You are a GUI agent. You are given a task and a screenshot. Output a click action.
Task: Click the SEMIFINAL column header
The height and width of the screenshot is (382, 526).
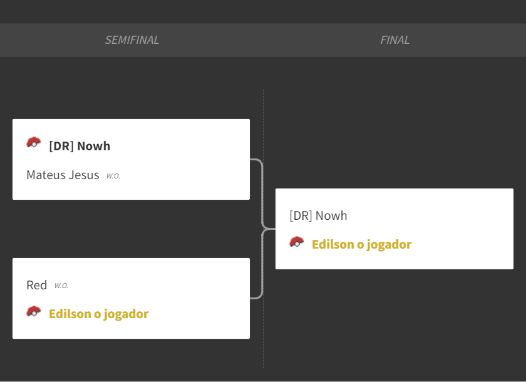coord(132,40)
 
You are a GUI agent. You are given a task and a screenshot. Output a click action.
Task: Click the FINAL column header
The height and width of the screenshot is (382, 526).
coord(395,40)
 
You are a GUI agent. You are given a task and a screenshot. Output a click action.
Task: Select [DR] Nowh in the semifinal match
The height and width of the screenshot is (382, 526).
coord(80,147)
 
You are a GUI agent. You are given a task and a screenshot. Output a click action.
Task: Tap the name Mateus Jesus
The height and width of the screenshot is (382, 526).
coord(63,175)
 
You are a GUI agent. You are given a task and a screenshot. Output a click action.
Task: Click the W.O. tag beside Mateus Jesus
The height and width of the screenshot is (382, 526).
coord(113,176)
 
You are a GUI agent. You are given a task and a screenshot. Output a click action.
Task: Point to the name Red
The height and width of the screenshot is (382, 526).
coord(36,285)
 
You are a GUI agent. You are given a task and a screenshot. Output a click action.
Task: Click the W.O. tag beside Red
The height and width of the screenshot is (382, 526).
coord(61,286)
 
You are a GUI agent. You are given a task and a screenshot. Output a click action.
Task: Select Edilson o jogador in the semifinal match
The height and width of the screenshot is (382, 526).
coord(99,314)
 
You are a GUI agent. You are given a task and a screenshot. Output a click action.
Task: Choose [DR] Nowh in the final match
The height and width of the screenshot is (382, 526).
coord(318,215)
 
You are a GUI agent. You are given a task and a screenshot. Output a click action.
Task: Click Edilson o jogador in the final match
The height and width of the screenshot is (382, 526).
coord(362,244)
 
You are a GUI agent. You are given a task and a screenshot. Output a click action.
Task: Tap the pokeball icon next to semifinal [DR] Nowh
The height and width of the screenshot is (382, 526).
coord(34,143)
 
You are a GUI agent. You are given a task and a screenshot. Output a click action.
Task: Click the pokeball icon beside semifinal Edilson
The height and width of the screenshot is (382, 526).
coord(34,312)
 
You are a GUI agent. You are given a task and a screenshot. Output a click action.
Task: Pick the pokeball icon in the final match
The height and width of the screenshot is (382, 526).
coord(297,243)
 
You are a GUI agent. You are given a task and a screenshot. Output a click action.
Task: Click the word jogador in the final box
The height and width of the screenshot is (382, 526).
coord(389,245)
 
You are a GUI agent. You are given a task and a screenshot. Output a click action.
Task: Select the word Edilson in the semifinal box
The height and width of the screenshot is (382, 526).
coord(70,314)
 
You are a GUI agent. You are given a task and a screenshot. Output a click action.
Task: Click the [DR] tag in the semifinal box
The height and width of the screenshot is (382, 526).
coord(61,147)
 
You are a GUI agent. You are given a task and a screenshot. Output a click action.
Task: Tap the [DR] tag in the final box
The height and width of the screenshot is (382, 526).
coord(301,215)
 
